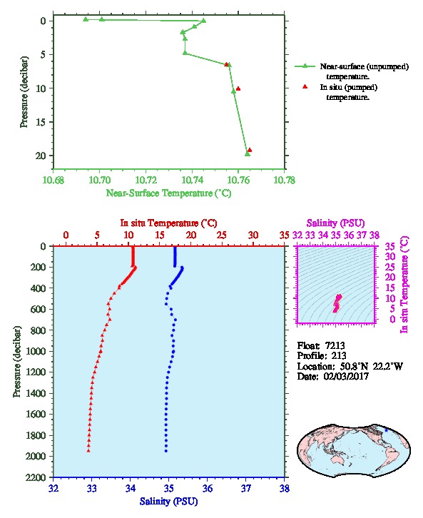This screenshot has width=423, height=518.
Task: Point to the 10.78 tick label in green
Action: [x=285, y=181]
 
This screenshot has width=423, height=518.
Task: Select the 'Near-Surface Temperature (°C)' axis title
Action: [x=168, y=193]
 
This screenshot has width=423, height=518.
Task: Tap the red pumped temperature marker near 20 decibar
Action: [x=250, y=150]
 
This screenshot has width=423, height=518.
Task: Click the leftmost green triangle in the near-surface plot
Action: [x=86, y=19]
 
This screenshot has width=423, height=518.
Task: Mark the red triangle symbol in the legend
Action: [x=305, y=86]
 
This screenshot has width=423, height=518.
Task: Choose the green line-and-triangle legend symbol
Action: [x=305, y=66]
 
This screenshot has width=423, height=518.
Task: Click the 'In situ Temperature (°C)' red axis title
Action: [x=168, y=223]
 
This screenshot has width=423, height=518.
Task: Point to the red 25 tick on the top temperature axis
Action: [x=222, y=235]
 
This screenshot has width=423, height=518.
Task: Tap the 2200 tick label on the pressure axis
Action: [x=36, y=477]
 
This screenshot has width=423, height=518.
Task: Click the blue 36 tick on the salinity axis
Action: [x=208, y=488]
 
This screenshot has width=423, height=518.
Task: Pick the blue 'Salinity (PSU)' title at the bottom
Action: [x=168, y=502]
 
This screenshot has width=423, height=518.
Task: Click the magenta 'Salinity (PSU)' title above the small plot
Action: [x=335, y=223]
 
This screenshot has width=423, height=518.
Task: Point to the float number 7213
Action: [x=335, y=345]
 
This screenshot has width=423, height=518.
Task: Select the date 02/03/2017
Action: [x=346, y=376]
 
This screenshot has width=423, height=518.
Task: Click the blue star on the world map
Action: [x=386, y=430]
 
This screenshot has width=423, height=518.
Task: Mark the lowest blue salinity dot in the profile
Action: [x=165, y=451]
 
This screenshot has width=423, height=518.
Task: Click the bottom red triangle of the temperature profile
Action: [x=88, y=451]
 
